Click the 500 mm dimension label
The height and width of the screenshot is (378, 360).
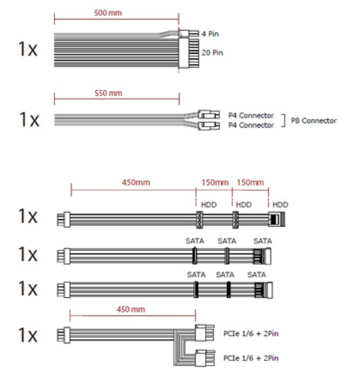point(108,13)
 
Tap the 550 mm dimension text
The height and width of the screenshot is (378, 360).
point(108,93)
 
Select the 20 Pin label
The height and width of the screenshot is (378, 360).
point(212,53)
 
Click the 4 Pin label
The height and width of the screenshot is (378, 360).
point(210,34)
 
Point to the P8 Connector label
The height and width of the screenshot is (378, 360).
point(314,121)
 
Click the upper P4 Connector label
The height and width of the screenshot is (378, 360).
point(251,116)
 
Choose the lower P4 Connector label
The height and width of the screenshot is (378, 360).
point(251,125)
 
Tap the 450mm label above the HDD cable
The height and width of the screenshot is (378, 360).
point(136,183)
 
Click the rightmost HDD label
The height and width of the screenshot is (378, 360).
point(280,205)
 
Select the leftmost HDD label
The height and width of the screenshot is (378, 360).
point(209,205)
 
